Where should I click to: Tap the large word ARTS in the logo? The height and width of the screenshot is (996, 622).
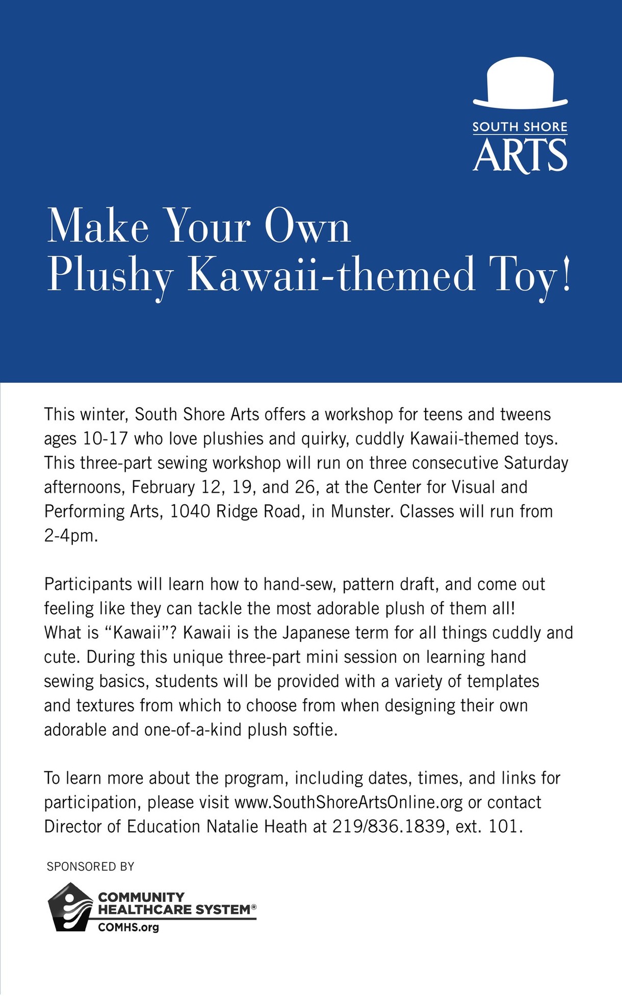520,155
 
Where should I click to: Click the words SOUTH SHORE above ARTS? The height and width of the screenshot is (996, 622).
520,127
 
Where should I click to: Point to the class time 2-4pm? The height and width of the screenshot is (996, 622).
70,536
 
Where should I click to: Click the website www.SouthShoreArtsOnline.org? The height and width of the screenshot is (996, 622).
348,802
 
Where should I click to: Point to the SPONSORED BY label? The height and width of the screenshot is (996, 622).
90,867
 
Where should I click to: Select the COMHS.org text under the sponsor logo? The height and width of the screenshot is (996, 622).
128,927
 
